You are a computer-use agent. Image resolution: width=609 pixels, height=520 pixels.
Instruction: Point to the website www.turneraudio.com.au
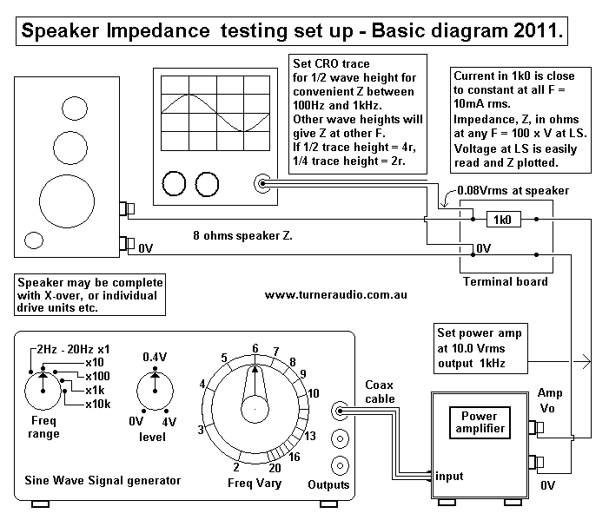click(x=336, y=295)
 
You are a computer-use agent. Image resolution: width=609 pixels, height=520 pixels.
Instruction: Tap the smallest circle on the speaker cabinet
click(x=34, y=240)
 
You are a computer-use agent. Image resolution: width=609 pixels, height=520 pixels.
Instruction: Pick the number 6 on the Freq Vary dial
click(x=255, y=348)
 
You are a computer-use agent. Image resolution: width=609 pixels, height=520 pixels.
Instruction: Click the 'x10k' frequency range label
click(x=97, y=405)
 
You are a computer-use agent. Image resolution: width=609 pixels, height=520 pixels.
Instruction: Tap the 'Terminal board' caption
click(x=504, y=281)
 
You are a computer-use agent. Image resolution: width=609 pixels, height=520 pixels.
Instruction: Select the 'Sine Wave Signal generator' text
click(x=103, y=480)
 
